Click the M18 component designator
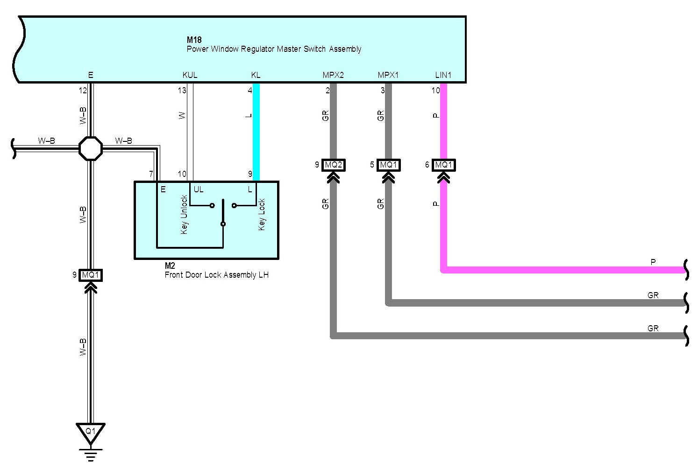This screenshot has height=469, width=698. pos(194,40)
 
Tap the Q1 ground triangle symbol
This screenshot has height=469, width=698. pos(90,433)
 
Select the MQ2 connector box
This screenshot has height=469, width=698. pos(333,165)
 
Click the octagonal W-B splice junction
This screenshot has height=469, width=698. pos(90,148)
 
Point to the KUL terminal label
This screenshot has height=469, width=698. pos(190,75)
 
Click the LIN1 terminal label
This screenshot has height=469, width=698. pos(443,75)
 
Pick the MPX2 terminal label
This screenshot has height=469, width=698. pos(333,75)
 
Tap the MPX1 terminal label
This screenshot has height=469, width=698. pos(388,75)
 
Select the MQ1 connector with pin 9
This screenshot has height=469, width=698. pos(90,275)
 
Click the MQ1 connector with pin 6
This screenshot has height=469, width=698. pos(443,165)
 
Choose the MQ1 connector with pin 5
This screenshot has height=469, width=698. pos(388,165)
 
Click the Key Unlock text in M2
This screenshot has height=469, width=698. pos(184,214)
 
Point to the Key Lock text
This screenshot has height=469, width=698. pos(262,214)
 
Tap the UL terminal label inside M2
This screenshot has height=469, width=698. pos(199,189)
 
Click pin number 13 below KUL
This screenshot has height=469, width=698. pos(182,91)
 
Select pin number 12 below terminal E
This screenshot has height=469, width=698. pos(83,91)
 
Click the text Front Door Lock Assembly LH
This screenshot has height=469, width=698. pos(217,275)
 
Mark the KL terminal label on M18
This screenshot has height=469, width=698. pos(256,75)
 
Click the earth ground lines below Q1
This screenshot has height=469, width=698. pos(90,455)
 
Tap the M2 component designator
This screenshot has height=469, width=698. pos(170,266)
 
